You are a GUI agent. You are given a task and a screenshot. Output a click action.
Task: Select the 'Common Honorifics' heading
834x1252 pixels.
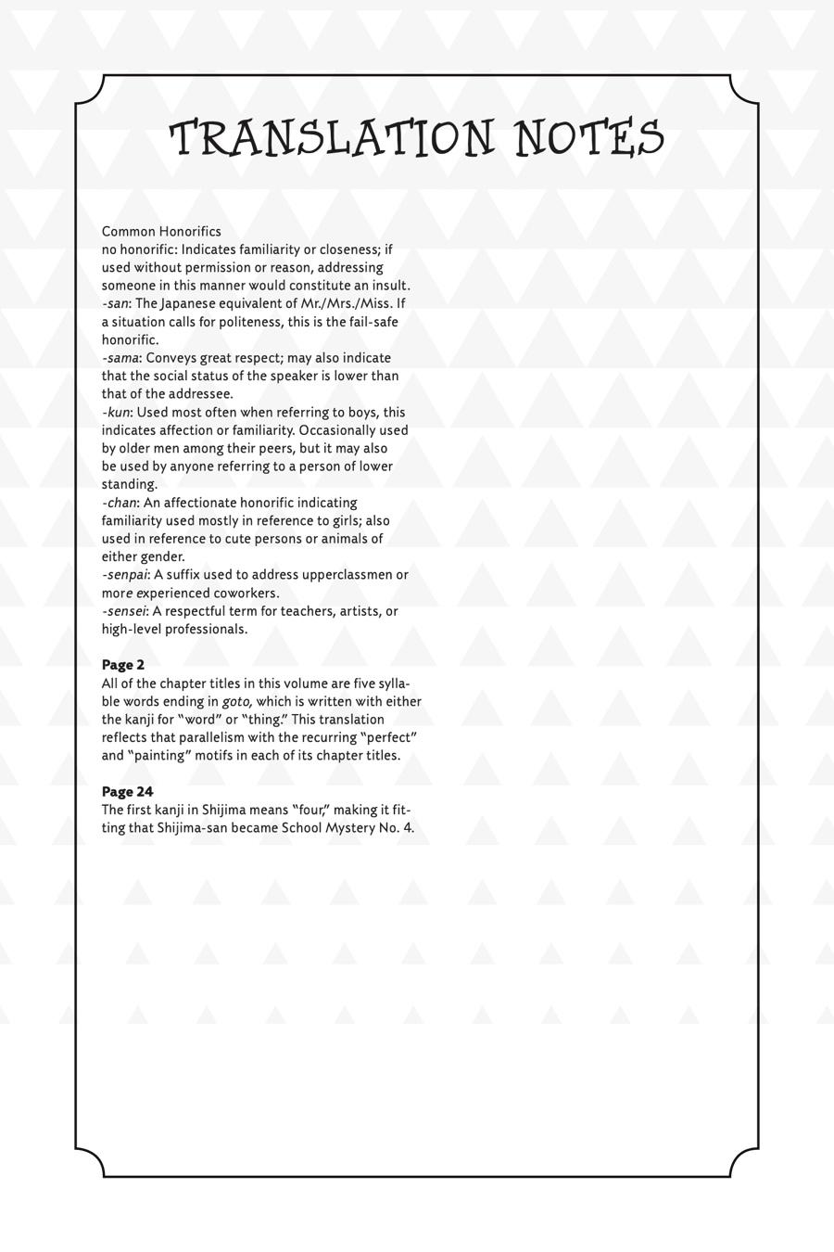pyautogui.click(x=161, y=231)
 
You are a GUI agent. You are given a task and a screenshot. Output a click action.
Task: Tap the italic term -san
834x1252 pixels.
pyautogui.click(x=115, y=303)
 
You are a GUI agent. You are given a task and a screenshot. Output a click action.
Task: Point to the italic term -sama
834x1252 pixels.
pyautogui.click(x=120, y=358)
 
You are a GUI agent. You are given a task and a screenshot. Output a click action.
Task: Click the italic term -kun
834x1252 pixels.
pyautogui.click(x=116, y=412)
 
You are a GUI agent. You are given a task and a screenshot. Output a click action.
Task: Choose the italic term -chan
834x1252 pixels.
pyautogui.click(x=120, y=503)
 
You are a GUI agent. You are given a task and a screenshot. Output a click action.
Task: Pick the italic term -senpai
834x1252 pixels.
pyautogui.click(x=125, y=575)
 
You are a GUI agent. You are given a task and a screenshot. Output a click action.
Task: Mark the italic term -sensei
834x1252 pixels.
pyautogui.click(x=124, y=611)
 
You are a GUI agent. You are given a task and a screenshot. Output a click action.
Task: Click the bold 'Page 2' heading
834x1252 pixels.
pyautogui.click(x=123, y=665)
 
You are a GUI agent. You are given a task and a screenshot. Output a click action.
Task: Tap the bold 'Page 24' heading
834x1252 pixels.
pyautogui.click(x=127, y=792)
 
